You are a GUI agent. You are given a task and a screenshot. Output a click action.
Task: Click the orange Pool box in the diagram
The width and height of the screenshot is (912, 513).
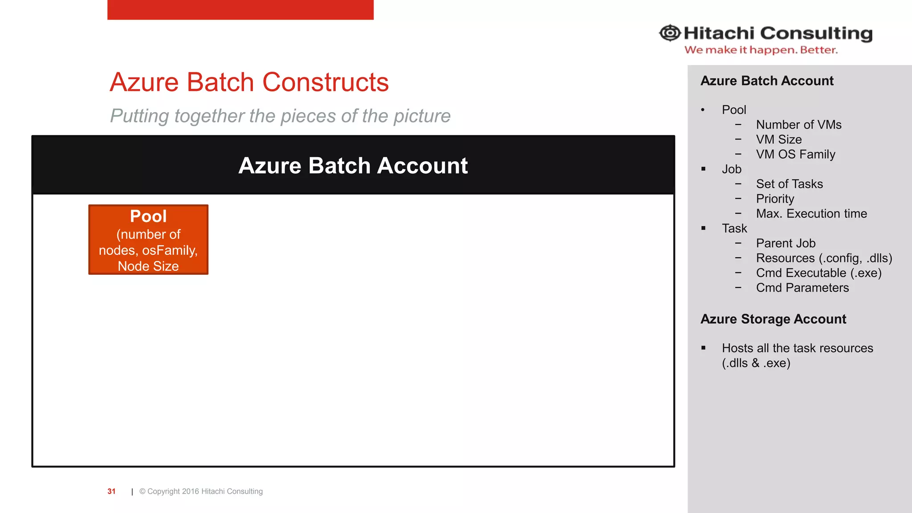(148, 240)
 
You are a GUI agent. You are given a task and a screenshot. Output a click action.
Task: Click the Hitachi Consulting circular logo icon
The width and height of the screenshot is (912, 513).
(670, 33)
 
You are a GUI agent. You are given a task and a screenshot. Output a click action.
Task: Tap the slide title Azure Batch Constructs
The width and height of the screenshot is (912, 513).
(249, 82)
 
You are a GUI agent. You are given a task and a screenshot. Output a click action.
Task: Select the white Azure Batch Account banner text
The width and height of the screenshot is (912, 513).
(353, 166)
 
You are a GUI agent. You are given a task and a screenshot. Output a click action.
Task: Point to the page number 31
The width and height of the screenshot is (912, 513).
(111, 491)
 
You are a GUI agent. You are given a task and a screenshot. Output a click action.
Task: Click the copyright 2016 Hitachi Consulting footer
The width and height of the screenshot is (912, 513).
(201, 491)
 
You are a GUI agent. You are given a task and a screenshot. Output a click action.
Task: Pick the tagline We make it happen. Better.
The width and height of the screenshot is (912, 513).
(761, 50)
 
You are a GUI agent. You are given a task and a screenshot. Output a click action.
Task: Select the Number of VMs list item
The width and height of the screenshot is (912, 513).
(798, 125)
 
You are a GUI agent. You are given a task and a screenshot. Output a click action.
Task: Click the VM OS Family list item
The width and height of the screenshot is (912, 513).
(795, 154)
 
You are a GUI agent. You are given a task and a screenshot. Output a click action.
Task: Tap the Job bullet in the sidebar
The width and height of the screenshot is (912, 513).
(732, 169)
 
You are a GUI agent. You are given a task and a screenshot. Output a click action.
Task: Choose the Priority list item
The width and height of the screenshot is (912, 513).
(775, 199)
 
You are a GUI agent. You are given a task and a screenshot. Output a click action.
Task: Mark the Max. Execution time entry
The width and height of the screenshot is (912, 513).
(811, 214)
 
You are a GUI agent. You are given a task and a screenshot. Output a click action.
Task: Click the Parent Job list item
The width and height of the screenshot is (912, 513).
(786, 243)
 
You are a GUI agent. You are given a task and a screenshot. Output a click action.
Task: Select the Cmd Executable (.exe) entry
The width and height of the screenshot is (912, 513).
(818, 273)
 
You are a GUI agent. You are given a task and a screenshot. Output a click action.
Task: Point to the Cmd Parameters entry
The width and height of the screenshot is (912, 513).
(802, 288)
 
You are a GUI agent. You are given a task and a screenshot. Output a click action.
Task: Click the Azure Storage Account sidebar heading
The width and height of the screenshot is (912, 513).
(773, 319)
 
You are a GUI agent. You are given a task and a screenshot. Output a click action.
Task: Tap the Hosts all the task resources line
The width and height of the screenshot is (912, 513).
(797, 348)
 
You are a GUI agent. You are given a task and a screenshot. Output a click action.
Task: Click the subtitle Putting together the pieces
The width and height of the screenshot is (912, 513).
(280, 116)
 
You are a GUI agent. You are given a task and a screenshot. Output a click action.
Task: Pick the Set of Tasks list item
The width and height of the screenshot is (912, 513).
(789, 184)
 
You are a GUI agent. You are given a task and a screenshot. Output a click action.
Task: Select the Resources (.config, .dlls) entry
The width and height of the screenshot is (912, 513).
(824, 258)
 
